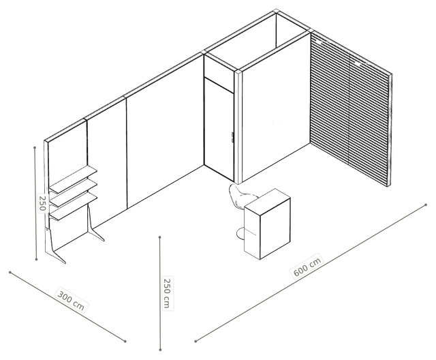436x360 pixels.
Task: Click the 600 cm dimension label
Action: [307, 265]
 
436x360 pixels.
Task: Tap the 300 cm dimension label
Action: [71, 300]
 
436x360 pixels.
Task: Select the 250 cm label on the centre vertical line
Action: [167, 293]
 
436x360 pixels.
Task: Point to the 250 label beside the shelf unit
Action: [42, 203]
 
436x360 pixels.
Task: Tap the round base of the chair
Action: [240, 233]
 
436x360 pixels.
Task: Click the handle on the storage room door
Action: [232, 138]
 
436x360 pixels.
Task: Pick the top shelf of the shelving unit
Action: [73, 179]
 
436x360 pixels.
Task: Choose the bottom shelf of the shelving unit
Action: [74, 207]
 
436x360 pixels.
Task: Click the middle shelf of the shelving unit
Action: [73, 193]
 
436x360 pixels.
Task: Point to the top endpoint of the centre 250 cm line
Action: [160, 237]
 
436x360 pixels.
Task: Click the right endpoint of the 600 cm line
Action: [426, 205]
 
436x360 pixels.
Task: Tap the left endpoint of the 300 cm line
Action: [10, 272]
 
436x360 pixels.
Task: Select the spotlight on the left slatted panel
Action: [320, 42]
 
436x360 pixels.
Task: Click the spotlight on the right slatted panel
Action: [357, 63]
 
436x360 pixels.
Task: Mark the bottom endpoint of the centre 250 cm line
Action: [160, 349]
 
